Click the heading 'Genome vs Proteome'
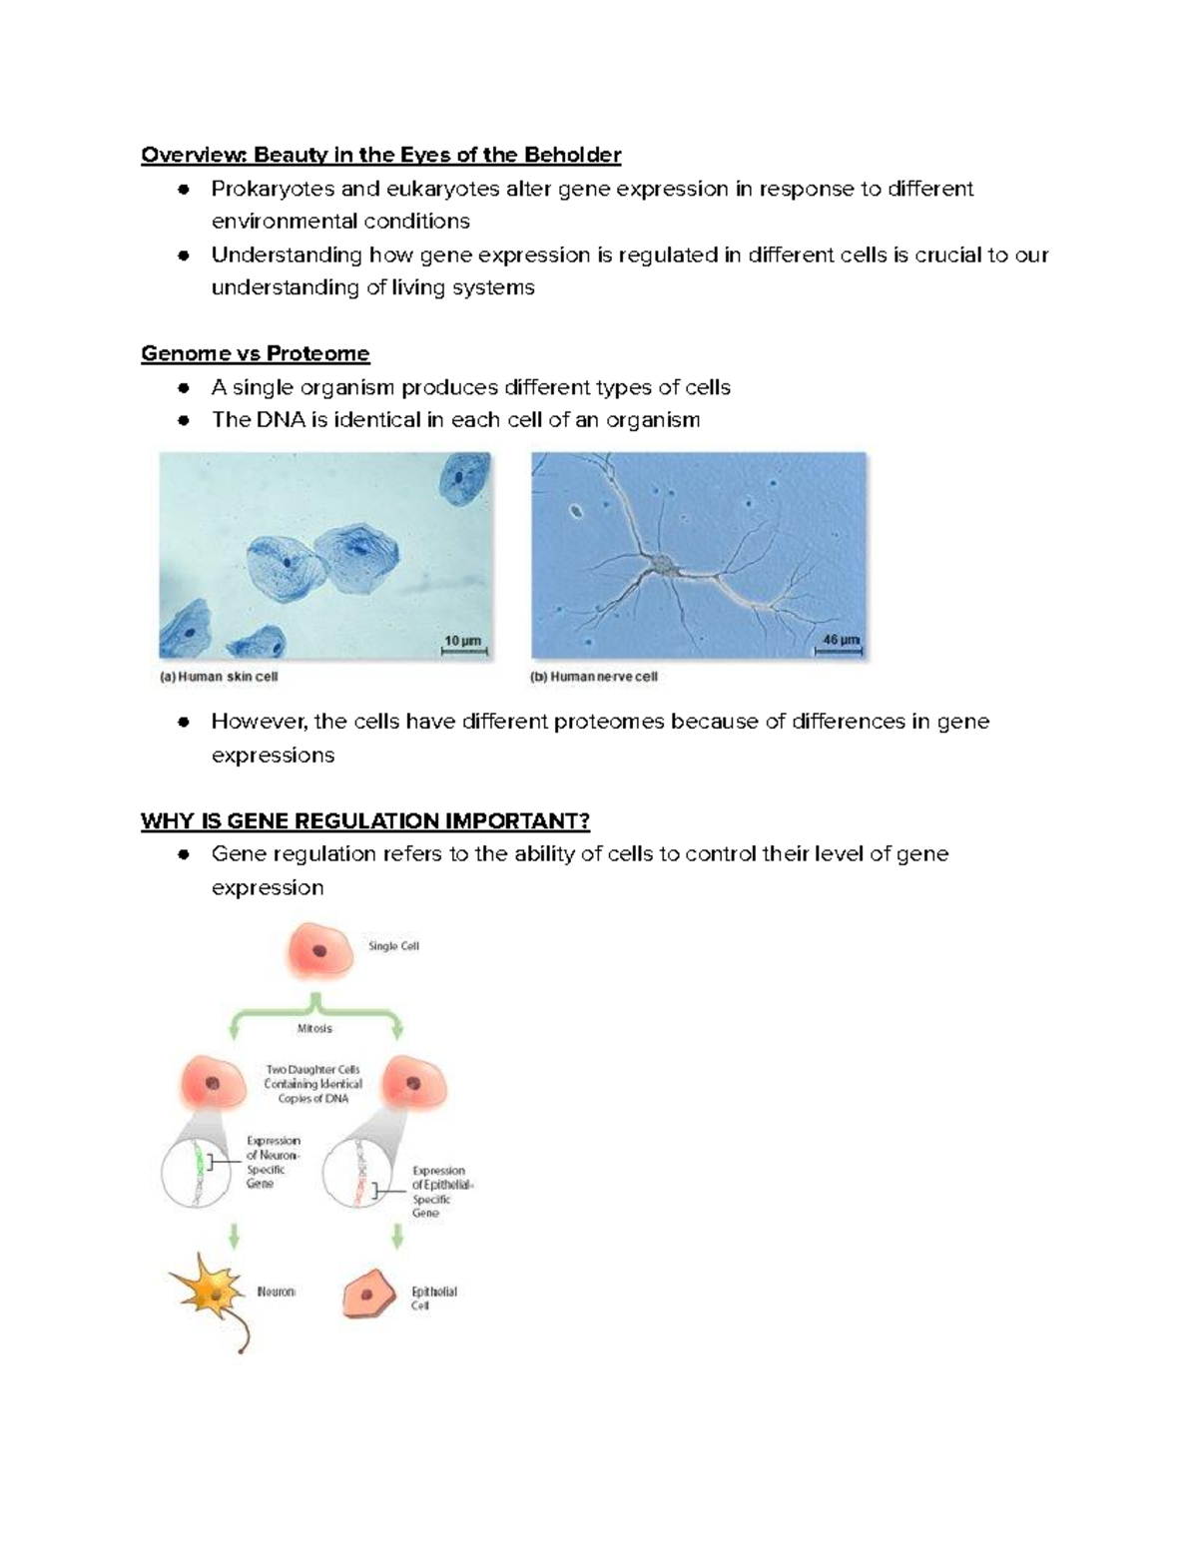[255, 353]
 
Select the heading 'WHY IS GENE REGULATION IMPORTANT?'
[364, 820]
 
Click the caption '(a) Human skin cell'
[219, 677]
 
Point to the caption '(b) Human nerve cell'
[593, 677]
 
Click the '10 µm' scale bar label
[463, 641]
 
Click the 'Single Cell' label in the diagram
[393, 946]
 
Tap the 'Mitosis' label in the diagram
[314, 1028]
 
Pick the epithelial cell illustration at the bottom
[370, 1294]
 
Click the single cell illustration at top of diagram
[320, 950]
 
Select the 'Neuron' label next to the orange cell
[276, 1292]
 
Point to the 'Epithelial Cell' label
[433, 1297]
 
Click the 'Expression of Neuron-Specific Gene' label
[273, 1162]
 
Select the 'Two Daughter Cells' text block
[313, 1084]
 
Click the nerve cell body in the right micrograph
[663, 567]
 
